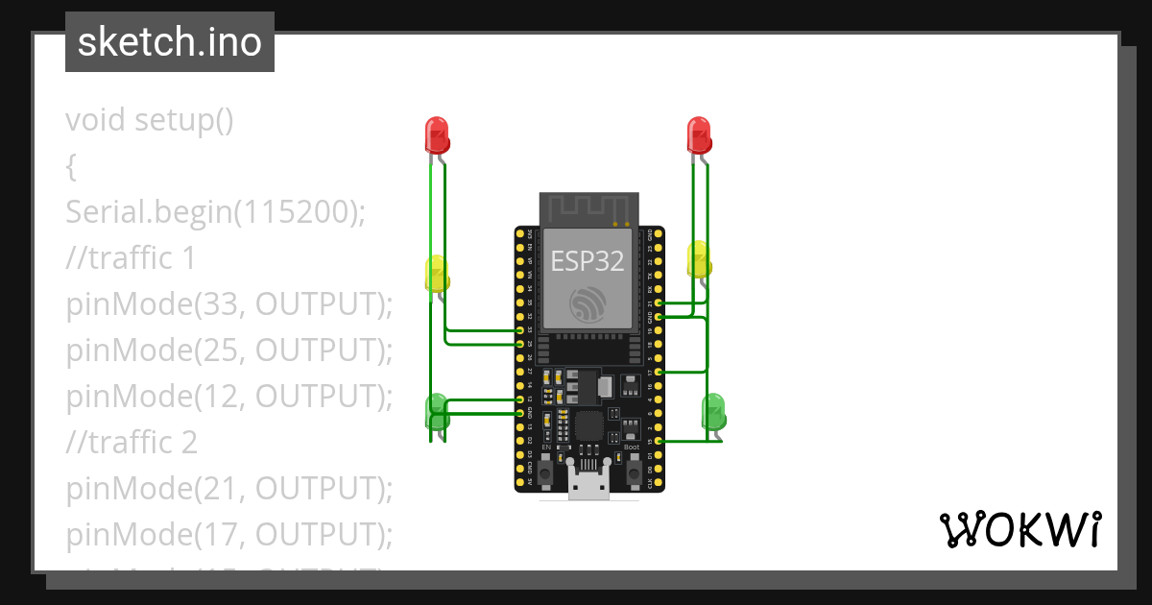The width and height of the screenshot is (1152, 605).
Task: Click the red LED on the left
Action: pos(437,135)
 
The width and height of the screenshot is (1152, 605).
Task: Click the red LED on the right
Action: pos(699,135)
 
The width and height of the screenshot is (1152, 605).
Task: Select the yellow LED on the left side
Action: pos(437,274)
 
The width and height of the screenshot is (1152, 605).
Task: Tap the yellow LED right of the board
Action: pos(699,259)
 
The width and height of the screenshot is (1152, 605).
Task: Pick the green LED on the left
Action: pos(437,410)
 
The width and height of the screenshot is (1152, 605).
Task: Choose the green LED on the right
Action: pos(714,411)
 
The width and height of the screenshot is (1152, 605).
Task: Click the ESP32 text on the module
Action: pos(587,259)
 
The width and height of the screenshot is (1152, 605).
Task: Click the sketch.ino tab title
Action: pos(170,42)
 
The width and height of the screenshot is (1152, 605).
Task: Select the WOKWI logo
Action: pos(1019,529)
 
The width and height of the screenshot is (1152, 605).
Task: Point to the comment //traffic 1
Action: pos(131,258)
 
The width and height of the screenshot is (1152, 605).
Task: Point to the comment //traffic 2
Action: pos(132,443)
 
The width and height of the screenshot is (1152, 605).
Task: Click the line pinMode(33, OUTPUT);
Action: pos(230,304)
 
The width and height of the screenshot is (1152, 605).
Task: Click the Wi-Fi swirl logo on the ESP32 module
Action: pos(587,303)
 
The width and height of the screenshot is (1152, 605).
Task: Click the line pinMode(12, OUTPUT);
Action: pos(230,397)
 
